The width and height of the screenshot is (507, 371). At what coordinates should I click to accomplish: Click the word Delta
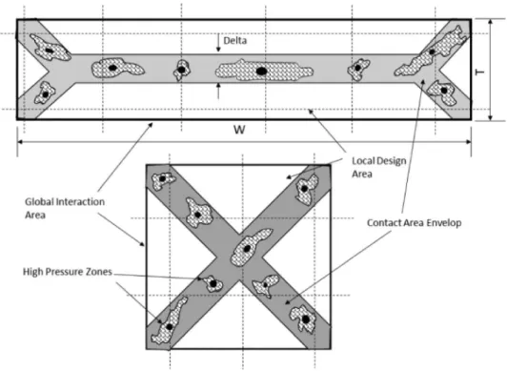point(235,40)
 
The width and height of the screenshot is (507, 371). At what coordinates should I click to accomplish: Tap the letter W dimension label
point(239,130)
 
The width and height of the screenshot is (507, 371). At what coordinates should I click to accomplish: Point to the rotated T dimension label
point(480,72)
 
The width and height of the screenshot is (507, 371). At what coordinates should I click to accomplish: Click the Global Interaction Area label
point(65,208)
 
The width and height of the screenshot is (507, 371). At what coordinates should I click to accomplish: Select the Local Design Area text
point(379,167)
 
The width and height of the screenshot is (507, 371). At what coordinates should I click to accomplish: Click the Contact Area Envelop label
point(415,223)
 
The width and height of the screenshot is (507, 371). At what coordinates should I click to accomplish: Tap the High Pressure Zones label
point(68,272)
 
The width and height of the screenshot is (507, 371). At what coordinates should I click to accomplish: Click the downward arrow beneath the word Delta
point(218,43)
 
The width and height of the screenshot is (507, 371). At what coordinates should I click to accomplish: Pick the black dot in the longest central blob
point(261,71)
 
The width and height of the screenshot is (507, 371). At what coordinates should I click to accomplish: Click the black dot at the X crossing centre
point(247,249)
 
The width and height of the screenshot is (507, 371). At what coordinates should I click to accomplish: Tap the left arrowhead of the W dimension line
point(20,142)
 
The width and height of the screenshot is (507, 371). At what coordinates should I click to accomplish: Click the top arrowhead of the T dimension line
point(490,22)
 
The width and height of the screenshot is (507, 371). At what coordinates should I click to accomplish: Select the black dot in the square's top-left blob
point(162,178)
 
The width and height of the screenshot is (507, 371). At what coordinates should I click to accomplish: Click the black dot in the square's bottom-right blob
point(306,319)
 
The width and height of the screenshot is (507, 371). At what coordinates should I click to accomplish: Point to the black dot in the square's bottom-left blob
point(169,327)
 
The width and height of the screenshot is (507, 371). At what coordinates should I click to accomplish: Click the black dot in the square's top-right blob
point(304,189)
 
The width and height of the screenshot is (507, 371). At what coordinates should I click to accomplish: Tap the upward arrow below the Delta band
point(218,91)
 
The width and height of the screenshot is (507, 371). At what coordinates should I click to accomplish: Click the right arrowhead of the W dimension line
point(468,142)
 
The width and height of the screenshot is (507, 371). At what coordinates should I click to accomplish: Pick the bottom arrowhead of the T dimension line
point(490,117)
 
